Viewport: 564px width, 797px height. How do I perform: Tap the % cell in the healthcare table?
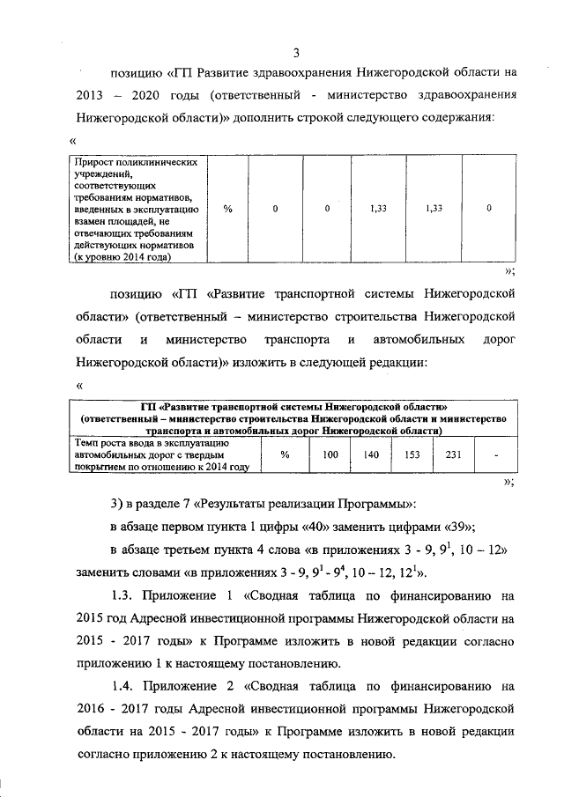click(227, 209)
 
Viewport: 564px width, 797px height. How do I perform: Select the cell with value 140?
click(371, 454)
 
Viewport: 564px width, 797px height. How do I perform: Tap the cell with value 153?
click(412, 454)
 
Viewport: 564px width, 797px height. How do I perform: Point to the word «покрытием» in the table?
click(100, 467)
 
